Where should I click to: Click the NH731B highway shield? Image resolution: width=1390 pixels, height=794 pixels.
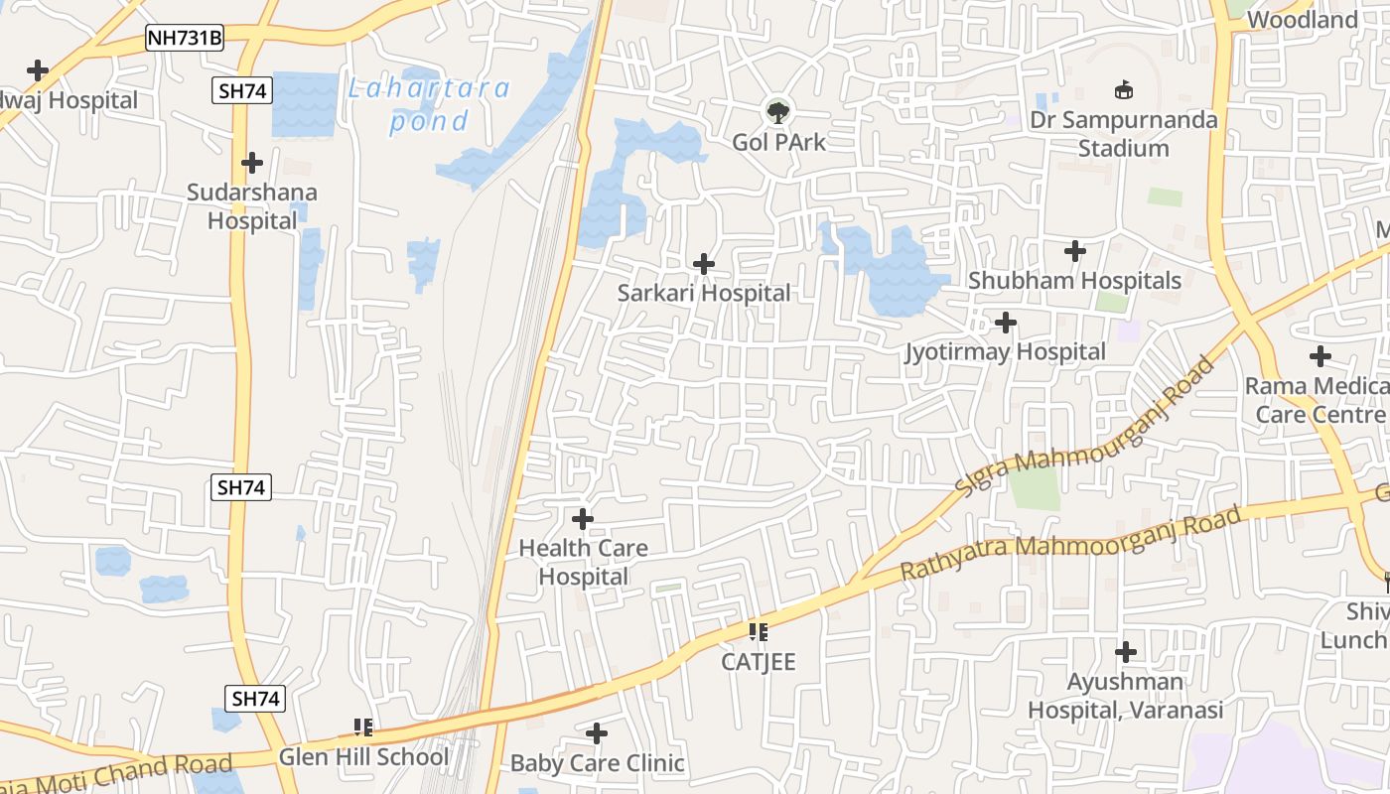[185, 39]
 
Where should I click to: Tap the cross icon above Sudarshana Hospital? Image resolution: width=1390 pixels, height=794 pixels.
[252, 162]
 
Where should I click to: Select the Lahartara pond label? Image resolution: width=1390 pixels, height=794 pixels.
[428, 104]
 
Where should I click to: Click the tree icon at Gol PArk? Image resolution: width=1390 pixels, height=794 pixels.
[778, 111]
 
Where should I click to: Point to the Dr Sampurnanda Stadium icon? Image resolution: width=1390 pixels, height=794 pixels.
[1124, 90]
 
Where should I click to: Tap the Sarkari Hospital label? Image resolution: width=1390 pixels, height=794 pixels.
[704, 293]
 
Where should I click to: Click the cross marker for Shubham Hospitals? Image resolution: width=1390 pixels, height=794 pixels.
[1074, 251]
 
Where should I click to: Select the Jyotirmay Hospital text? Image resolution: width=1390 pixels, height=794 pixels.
[1005, 352]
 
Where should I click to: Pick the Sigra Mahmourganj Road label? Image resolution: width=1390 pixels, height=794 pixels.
[1085, 427]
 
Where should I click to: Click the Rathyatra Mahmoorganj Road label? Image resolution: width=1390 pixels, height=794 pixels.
[1070, 544]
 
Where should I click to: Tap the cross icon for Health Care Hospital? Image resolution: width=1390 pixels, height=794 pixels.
[583, 518]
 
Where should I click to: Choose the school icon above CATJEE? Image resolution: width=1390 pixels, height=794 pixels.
[759, 631]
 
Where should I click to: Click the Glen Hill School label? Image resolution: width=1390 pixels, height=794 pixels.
[363, 757]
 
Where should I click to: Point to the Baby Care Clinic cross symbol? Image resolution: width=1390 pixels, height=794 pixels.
[597, 733]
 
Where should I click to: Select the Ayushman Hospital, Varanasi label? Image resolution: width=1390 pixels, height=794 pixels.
[1125, 696]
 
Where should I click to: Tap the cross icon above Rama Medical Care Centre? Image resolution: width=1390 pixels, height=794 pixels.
[1320, 355]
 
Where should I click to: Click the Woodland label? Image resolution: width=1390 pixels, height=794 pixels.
[1302, 20]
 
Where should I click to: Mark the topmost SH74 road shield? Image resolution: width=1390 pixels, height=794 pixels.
[241, 91]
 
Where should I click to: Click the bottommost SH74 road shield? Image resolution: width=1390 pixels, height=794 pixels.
[255, 699]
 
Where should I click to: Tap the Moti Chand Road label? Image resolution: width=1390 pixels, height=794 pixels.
[119, 770]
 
